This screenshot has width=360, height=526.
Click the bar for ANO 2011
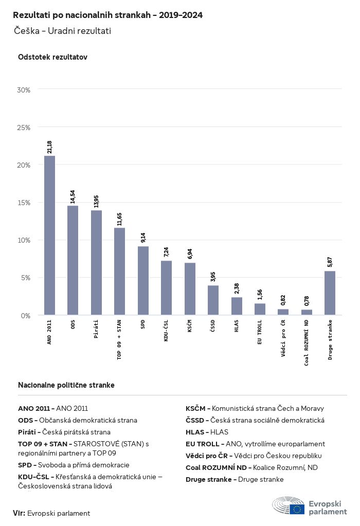[x=50, y=235]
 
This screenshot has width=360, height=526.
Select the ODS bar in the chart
[x=73, y=260]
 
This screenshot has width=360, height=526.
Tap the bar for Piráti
[x=96, y=263]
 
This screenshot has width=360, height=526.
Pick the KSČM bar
[x=190, y=289]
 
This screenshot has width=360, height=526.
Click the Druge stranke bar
[x=330, y=293]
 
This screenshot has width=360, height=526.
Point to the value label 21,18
[x=50, y=147]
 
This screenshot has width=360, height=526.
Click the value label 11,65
[x=119, y=219]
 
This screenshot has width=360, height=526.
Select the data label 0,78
[x=307, y=301]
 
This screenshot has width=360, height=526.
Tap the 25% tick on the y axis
[x=24, y=128]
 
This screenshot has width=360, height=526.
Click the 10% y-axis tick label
[x=24, y=240]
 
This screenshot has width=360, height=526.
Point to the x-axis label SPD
[x=143, y=324]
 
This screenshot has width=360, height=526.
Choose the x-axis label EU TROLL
[x=260, y=332]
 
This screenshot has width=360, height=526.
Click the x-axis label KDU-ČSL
[x=166, y=331]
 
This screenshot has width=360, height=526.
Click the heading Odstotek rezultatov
[x=52, y=57]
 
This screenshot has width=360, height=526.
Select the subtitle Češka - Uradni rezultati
[x=62, y=31]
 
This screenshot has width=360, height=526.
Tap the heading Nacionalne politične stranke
[x=66, y=385]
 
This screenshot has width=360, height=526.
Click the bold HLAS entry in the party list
[x=195, y=432]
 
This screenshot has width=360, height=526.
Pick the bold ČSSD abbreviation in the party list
[x=194, y=420]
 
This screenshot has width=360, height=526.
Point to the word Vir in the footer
[x=19, y=513]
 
